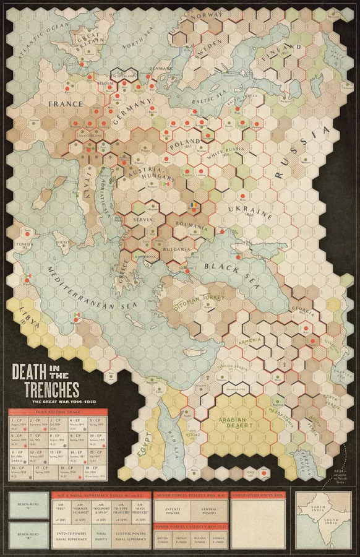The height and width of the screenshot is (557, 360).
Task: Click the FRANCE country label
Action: pyautogui.click(x=65, y=104)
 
